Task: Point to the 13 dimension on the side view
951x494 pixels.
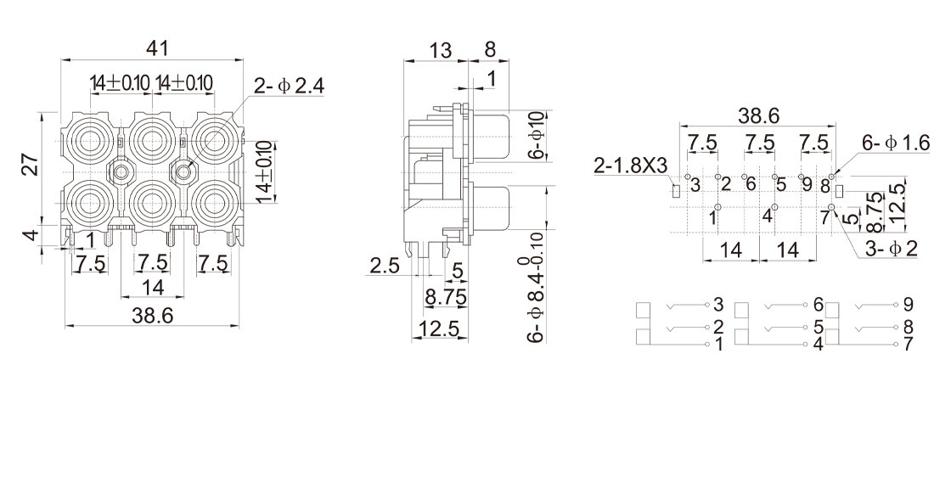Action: [x=440, y=50]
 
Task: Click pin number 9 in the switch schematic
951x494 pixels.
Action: [x=909, y=304]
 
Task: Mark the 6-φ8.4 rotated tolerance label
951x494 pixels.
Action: [x=536, y=289]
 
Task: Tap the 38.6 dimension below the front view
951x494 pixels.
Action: [x=153, y=316]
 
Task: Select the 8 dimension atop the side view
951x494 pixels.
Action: [x=490, y=50]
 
